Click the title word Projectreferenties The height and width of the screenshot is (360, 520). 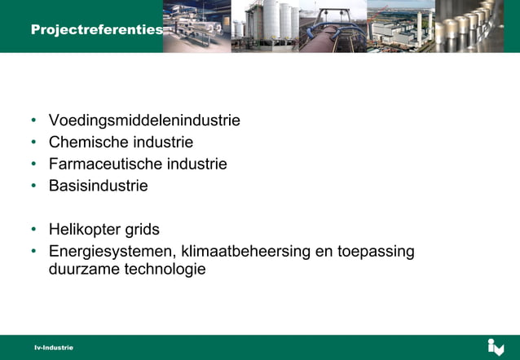[x=96, y=29]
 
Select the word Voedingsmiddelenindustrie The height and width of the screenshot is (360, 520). [x=144, y=121]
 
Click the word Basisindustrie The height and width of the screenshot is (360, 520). [x=98, y=186]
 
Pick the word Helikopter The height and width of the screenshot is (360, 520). [x=84, y=229]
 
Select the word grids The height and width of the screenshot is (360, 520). [x=142, y=229]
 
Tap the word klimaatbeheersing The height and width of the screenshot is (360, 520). [x=245, y=251]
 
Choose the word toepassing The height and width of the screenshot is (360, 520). [x=376, y=251]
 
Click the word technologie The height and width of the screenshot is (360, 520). [x=163, y=269]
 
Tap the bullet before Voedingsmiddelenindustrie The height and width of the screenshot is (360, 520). [x=33, y=121]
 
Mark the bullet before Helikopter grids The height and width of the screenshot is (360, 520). [x=33, y=229]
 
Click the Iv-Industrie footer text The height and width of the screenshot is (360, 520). [x=53, y=348]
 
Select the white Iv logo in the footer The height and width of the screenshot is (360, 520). [x=496, y=347]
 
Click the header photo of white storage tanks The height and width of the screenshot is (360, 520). [x=265, y=26]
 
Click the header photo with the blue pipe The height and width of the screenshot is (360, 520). [x=333, y=26]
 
